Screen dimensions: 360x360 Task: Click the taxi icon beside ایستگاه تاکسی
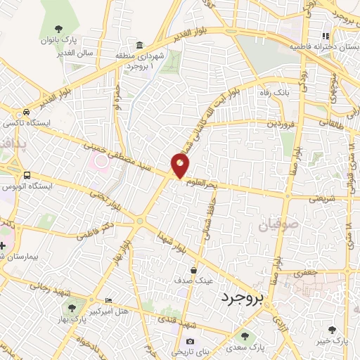[26, 112]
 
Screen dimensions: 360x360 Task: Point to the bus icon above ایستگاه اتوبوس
[27, 175]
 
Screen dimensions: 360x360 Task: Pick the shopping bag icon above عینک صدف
[194, 269]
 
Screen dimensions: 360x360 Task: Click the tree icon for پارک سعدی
[245, 335]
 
